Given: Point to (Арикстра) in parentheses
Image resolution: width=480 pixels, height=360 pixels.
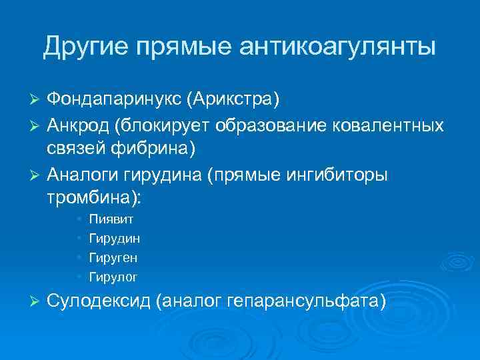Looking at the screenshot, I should point(233,99).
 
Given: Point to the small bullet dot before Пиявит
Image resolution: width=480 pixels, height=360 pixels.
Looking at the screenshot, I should point(79,219).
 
